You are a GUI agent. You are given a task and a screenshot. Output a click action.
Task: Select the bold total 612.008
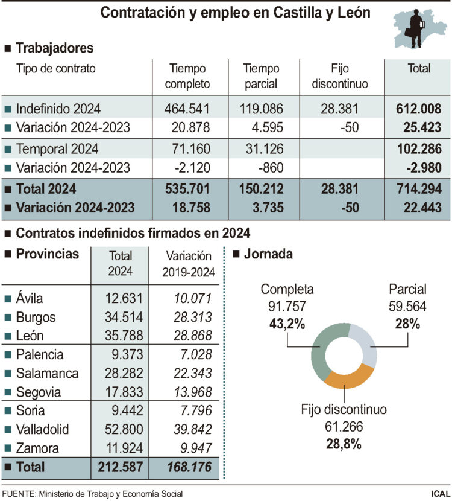coord(419,109)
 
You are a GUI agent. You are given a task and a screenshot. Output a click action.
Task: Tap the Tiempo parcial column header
coord(261,76)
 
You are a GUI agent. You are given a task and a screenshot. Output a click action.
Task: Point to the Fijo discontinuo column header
coord(340,76)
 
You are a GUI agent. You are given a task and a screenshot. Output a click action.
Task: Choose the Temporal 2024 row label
coord(57,148)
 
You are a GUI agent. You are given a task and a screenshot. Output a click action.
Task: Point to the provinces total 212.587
coord(120,467)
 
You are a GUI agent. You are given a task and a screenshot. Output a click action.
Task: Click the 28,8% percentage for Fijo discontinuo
coord(344,445)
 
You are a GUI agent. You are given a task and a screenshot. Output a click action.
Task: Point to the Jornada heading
coord(268,254)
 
